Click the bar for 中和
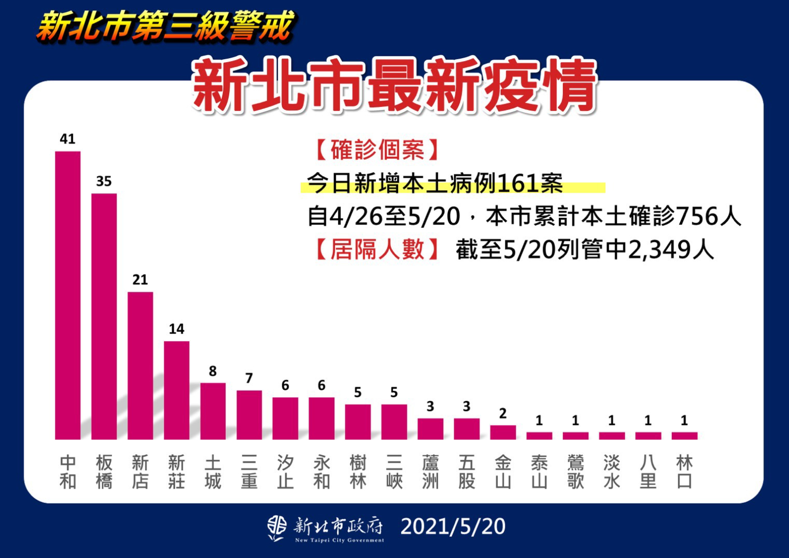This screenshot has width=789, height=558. coord(68,295)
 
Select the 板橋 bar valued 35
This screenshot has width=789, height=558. coord(104,317)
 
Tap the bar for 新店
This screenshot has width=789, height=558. coord(140,366)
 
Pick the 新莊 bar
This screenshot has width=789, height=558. coord(176,390)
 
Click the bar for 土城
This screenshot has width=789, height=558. coord(213,411)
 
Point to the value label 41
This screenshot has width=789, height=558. coord(68,139)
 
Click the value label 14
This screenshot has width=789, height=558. coord(176,329)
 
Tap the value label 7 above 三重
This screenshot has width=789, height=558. coord(249,378)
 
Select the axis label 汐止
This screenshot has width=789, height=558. coord(285,472)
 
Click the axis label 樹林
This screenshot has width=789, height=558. coord(358,472)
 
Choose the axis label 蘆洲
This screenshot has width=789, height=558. coord(430,472)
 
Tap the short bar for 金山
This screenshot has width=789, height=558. coord(503,433)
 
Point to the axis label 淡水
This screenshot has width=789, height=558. coord(611,472)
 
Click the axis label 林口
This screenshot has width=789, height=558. coord(684,472)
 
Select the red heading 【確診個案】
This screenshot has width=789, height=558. coord(377,150)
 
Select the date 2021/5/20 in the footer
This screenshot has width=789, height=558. coord(453,527)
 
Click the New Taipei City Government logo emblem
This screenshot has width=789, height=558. coord(277,528)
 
